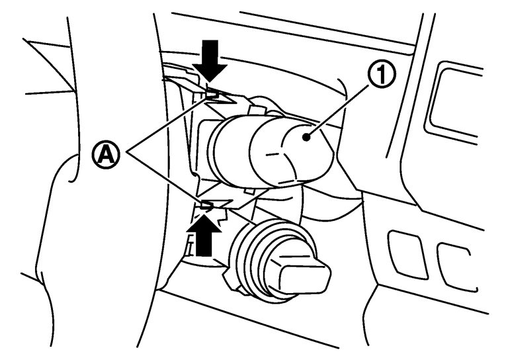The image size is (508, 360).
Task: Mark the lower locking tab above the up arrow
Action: (208, 207)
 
